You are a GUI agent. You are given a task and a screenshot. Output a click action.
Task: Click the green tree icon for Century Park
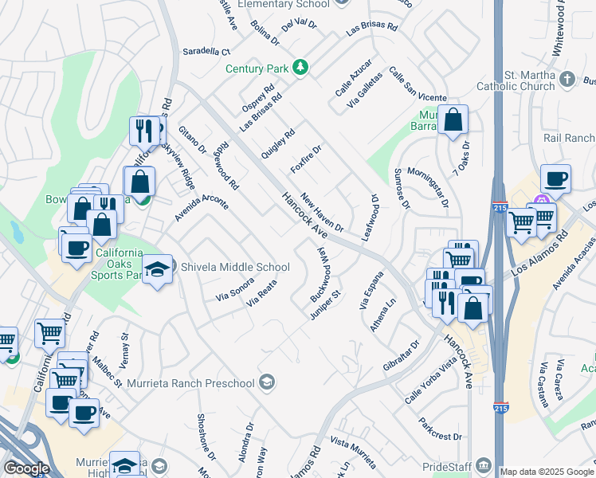300,68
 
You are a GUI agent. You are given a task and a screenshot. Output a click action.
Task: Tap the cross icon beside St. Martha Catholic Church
567,78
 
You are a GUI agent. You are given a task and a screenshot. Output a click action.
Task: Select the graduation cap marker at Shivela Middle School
158,268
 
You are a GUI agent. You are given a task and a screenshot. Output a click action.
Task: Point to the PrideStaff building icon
484,464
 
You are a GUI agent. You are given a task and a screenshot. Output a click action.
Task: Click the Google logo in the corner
26,468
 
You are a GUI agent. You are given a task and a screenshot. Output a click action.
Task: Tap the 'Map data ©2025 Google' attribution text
547,472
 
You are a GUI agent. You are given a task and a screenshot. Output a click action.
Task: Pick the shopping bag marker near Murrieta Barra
453,121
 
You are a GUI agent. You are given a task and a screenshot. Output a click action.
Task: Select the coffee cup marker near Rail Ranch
555,178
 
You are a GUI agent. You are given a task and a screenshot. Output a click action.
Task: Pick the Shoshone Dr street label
206,437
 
